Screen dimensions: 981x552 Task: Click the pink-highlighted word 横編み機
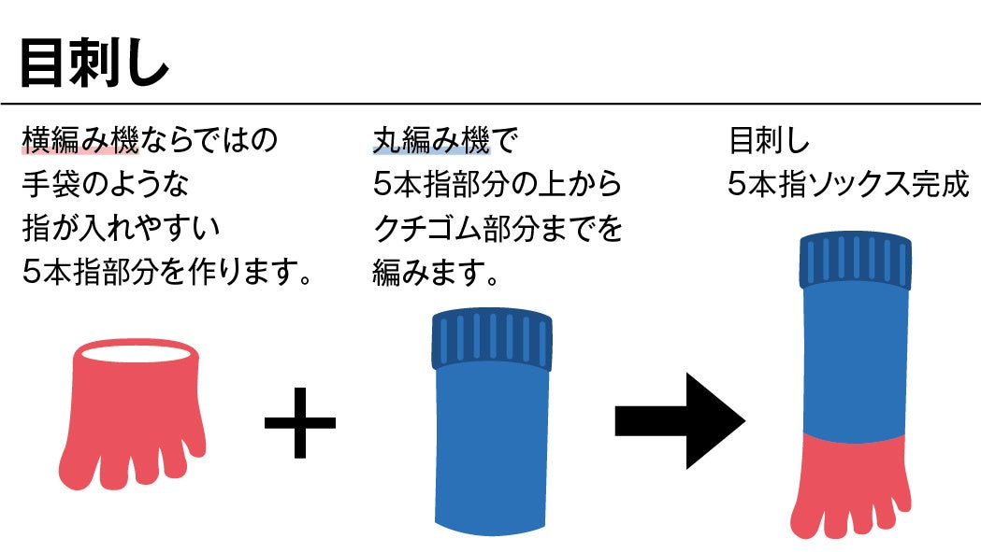[x=80, y=141]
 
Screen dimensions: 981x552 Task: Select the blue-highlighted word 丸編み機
[x=431, y=141]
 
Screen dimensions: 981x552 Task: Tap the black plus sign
[x=299, y=422]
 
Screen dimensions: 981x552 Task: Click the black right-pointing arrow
[x=679, y=421]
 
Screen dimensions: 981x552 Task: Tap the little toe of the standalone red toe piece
[x=194, y=440]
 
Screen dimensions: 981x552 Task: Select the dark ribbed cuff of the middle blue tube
[x=491, y=340]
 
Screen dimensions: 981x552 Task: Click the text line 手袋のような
[x=105, y=184]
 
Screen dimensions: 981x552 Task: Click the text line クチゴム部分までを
[x=497, y=228]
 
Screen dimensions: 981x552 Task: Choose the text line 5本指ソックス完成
[x=848, y=184]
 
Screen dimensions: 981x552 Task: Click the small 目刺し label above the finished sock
[x=769, y=141]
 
